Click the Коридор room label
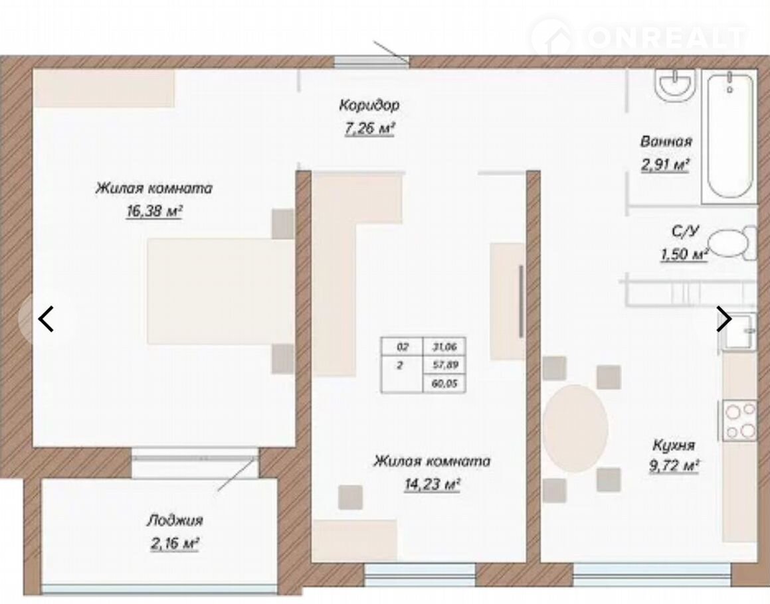coord(369,105)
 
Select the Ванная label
coord(666,141)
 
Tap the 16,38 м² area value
coord(154,212)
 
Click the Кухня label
coord(674,445)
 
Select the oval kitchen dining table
coord(575,428)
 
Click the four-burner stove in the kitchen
coord(739,420)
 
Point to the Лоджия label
coord(174,520)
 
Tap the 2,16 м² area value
coord(174,544)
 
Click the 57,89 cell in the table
coord(444,365)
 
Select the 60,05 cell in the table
coord(444,384)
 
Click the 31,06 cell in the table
coord(444,347)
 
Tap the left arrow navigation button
coord(46,319)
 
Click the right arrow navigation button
coord(723,319)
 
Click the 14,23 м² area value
coord(432,485)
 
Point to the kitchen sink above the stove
coord(739,331)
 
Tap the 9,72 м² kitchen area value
coord(674,466)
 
